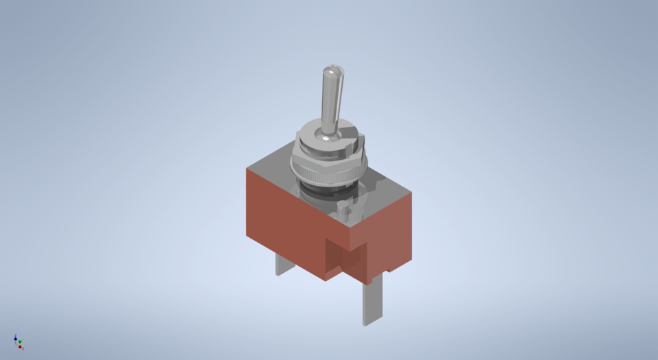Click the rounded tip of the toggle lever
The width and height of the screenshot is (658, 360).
click(331, 71)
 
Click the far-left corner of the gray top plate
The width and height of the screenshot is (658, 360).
click(247, 168)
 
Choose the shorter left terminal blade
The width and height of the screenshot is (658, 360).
click(284, 264)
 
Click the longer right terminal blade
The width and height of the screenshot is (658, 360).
click(371, 302)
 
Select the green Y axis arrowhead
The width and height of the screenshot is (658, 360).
click(21, 341)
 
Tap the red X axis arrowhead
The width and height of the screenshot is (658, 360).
click(21, 347)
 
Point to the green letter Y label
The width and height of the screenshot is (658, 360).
click(23, 340)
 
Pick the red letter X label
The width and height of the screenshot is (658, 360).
click(23, 349)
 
